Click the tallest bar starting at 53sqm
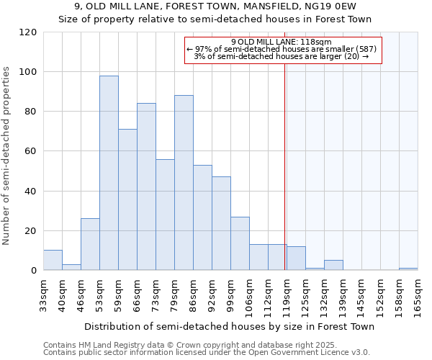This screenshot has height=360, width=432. coord(109,173)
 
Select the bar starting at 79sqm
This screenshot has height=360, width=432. coord(184,183)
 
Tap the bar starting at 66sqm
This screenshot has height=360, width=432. coord(146,186)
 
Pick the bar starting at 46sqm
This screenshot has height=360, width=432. coord(90,244)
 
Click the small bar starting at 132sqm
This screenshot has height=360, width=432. coord(333,265)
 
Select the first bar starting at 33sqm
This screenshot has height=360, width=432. coord(53,260)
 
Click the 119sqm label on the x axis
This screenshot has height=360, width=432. coord(287,293)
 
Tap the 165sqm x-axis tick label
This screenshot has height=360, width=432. coord(418,293)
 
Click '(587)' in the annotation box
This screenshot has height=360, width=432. coord(364,49)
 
